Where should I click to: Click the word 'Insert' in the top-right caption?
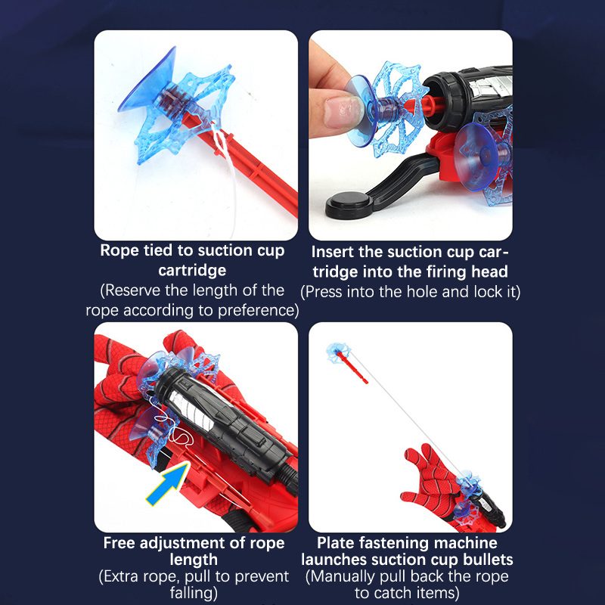coord(332,252)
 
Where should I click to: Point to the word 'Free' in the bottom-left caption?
coord(119,543)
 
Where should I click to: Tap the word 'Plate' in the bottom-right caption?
coord(334,543)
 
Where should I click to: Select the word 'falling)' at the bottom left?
coord(194,593)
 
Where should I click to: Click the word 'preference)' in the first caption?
coord(258,310)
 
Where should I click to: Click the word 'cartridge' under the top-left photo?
coord(192,270)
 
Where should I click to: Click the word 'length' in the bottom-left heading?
coord(194,560)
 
